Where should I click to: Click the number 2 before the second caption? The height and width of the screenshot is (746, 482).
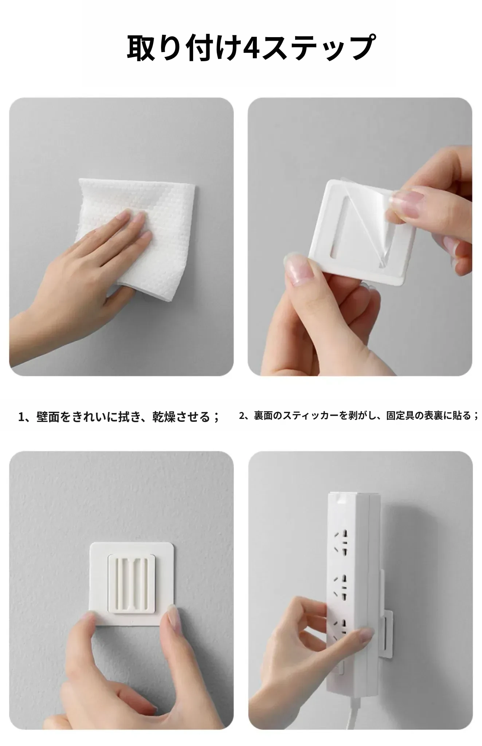tap(242, 416)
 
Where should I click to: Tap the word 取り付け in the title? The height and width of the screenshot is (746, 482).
tap(184, 47)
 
